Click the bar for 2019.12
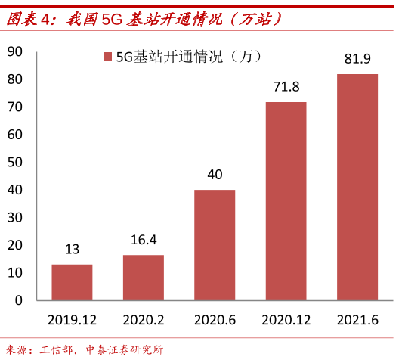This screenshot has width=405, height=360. point(72,282)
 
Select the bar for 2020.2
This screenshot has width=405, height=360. point(144,278)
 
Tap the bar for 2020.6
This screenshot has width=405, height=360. point(215,245)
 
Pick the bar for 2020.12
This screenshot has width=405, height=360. point(286,201)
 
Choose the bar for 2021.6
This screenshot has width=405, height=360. point(357,188)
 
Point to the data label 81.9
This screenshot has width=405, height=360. point(357,59)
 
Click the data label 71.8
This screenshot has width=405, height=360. point(286,87)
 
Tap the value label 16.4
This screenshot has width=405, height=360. point(144,240)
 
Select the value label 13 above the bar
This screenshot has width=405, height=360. point(72,250)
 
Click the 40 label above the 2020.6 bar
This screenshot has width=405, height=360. point(215,175)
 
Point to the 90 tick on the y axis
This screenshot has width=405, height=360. point(15,51)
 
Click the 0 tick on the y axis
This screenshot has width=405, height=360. point(19,300)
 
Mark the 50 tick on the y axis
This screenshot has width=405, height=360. point(15,162)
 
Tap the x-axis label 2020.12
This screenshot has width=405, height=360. point(286,320)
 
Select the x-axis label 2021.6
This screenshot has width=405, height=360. point(357,320)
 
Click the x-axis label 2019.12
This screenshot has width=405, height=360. point(72,320)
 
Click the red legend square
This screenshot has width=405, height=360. point(107,57)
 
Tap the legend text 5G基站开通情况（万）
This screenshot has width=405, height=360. point(189,57)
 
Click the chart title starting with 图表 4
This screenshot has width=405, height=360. point(144,19)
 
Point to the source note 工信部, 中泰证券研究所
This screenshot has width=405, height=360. point(101,350)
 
